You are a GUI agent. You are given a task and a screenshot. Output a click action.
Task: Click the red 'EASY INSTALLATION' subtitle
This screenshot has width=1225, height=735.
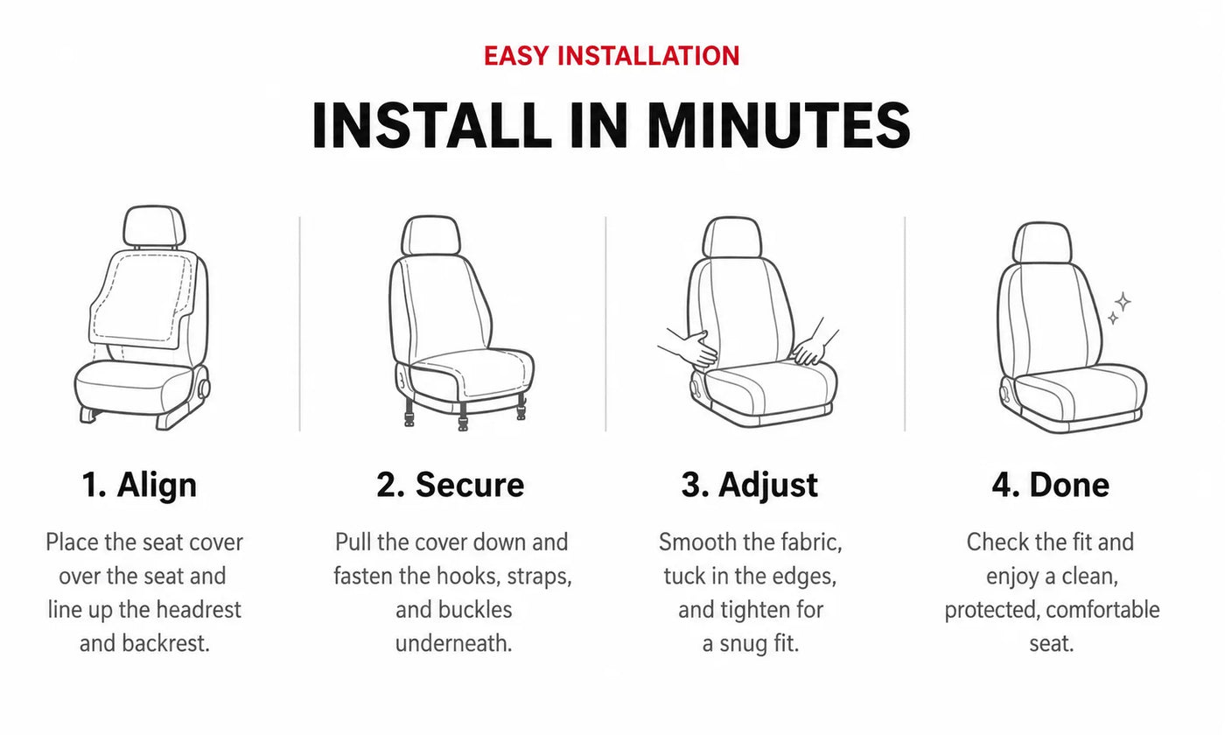click(x=612, y=56)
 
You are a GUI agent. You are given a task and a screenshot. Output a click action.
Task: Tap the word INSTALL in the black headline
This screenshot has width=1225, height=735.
click(x=431, y=125)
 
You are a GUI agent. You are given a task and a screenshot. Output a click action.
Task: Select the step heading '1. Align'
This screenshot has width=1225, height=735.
click(x=139, y=485)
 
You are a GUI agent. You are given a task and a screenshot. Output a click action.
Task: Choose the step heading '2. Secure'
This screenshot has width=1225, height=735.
click(x=450, y=485)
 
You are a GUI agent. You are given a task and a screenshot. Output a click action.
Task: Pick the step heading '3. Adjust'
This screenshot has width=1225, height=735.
click(x=750, y=485)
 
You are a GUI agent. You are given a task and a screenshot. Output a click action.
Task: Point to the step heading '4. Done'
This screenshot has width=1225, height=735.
click(x=1051, y=485)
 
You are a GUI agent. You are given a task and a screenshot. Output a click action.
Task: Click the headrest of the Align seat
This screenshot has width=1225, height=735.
click(x=154, y=227)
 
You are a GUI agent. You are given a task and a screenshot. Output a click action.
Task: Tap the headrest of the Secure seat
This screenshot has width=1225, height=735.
click(x=430, y=235)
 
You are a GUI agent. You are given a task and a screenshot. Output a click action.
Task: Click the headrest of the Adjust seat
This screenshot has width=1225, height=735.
click(x=731, y=237)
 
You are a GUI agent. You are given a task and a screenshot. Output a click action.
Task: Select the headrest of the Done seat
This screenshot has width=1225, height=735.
click(x=1042, y=243)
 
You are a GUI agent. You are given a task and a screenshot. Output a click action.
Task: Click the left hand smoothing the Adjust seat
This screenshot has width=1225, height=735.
click(x=689, y=347)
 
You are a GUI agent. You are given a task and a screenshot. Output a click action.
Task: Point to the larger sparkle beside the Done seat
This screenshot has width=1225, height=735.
click(x=1123, y=301)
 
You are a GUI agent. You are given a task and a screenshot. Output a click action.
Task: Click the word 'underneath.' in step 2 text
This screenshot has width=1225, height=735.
click(x=453, y=644)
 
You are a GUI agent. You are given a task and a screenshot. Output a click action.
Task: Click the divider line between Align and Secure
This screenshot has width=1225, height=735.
click(x=299, y=324)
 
